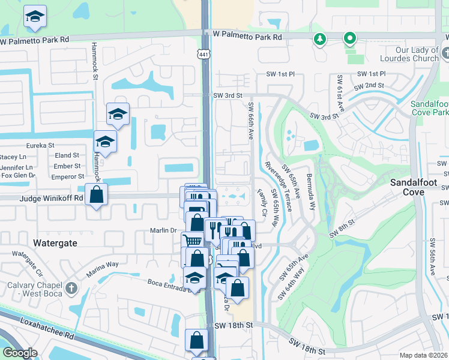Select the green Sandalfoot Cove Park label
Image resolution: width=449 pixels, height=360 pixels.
[429, 108]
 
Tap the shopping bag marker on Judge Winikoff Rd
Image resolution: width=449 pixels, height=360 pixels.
[96, 194]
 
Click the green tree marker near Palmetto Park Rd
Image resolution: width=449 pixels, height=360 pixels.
[321, 40]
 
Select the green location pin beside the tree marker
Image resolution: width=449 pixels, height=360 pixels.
[349, 40]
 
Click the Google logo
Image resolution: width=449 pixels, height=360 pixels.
[19, 353]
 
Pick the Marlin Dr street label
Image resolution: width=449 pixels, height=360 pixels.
[163, 230]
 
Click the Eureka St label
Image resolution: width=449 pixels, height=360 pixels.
[40, 145]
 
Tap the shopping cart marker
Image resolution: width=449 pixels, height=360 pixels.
[191, 240]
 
